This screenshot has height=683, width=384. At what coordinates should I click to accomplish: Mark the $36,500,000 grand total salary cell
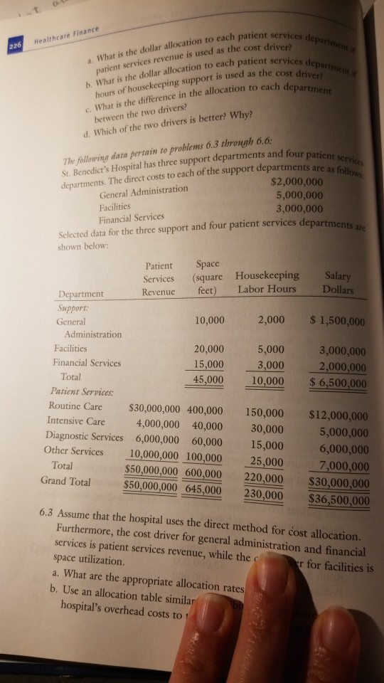point(338,499)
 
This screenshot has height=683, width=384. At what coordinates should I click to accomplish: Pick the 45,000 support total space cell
point(208,379)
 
